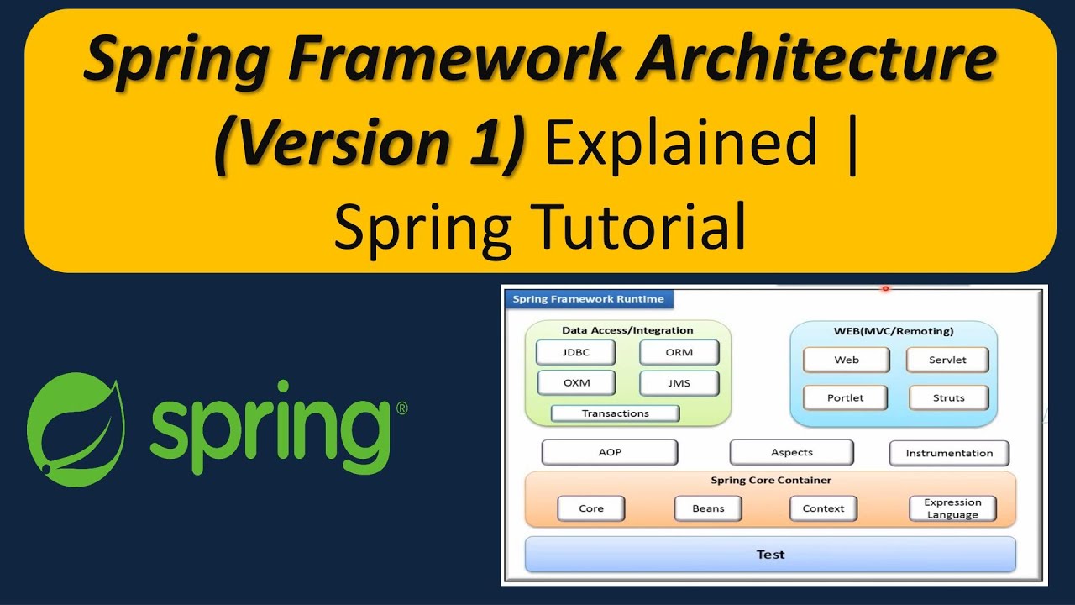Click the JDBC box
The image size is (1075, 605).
point(576,353)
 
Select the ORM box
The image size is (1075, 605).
point(679,353)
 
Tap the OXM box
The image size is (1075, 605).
point(576,383)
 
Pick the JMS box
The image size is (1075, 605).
point(679,383)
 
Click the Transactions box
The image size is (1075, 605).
point(615,413)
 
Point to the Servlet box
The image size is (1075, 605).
point(947,360)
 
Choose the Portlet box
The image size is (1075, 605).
point(845,397)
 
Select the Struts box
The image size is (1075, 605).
point(948,397)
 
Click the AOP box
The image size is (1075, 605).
point(610,452)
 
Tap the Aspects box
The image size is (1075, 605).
point(791,452)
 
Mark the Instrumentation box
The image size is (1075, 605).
point(949,453)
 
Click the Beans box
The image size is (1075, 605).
point(708,508)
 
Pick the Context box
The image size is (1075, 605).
point(823,508)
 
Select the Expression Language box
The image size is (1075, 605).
point(952,508)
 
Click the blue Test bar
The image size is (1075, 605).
point(770,555)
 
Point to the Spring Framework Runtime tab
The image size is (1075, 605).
point(588,299)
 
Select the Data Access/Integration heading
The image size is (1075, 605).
point(627,330)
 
